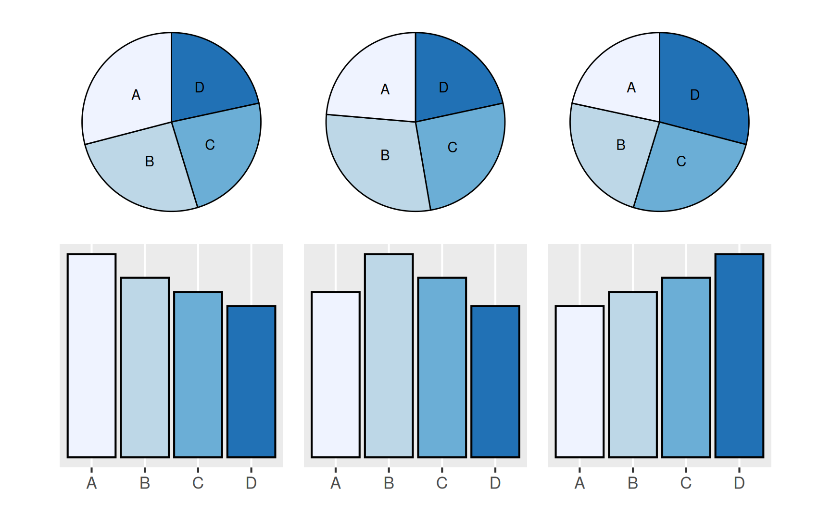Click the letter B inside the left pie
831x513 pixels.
[x=150, y=161]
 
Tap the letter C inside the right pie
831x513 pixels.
[x=681, y=161]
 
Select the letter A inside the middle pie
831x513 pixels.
[x=385, y=89]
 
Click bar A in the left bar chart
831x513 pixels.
[x=91, y=356]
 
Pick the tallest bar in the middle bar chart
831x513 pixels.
[x=389, y=356]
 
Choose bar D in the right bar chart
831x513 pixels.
[x=739, y=356]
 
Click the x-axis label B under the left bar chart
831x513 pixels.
[x=145, y=483]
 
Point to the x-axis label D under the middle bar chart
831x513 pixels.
[x=495, y=483]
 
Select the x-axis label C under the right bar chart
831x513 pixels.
[x=686, y=483]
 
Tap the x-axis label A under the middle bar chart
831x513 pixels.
[x=336, y=483]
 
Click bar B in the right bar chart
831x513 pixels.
[x=633, y=375]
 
